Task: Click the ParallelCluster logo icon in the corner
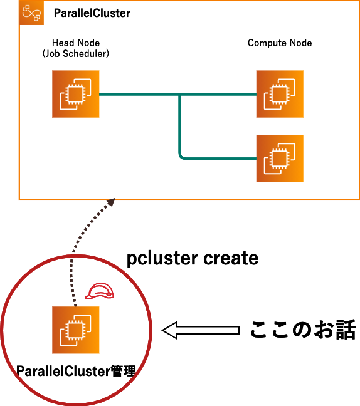pyautogui.click(x=31, y=13)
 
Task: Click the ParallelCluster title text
pyautogui.click(x=92, y=13)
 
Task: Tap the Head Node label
pyautogui.click(x=76, y=43)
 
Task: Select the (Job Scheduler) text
pyautogui.click(x=76, y=54)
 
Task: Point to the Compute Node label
pyautogui.click(x=280, y=43)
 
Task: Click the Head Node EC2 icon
pyautogui.click(x=76, y=94)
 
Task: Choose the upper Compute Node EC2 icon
pyautogui.click(x=280, y=94)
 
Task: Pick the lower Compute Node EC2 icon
pyautogui.click(x=280, y=159)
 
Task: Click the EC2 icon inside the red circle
pyautogui.click(x=76, y=330)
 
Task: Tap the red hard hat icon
pyautogui.click(x=100, y=291)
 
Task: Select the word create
pyautogui.click(x=231, y=258)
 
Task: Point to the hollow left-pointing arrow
pyautogui.click(x=200, y=330)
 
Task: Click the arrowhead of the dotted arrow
pyautogui.click(x=111, y=202)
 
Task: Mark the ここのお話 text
pyautogui.click(x=303, y=330)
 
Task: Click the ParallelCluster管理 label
pyautogui.click(x=76, y=371)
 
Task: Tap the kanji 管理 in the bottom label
pyautogui.click(x=124, y=371)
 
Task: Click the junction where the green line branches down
pyautogui.click(x=179, y=95)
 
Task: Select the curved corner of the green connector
pyautogui.click(x=181, y=156)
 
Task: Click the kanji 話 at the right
pyautogui.click(x=346, y=330)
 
